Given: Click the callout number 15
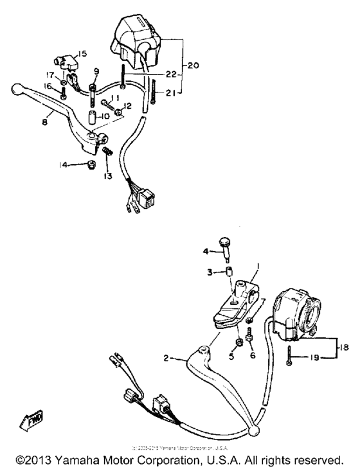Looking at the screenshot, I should (82, 53).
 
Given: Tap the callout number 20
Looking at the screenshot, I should (193, 66).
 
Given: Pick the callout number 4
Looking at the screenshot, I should (206, 251).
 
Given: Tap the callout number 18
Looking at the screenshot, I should (345, 346).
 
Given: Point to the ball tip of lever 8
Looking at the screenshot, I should (19, 88).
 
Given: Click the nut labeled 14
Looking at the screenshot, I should (91, 166).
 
